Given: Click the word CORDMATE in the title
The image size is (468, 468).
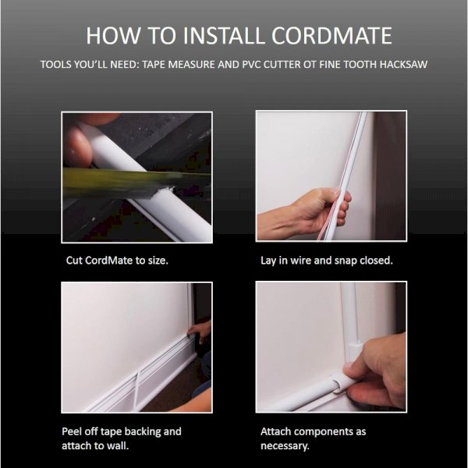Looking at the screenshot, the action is (x=331, y=36).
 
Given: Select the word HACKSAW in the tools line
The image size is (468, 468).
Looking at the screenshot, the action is (x=403, y=65).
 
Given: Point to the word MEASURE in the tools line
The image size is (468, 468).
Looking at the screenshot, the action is (x=190, y=65).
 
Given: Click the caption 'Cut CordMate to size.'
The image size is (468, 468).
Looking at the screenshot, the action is (x=117, y=261).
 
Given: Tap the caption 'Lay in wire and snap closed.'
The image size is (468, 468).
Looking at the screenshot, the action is (x=327, y=261).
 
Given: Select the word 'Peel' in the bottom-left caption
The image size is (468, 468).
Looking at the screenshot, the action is (x=71, y=431).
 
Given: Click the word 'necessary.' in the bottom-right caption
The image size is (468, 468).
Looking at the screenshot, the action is (x=285, y=446).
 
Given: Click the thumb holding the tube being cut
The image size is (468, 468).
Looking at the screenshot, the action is (x=76, y=147).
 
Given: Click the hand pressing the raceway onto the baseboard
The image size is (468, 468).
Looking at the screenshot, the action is (x=200, y=331).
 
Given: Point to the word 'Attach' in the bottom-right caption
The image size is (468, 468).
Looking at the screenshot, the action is (x=275, y=431).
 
